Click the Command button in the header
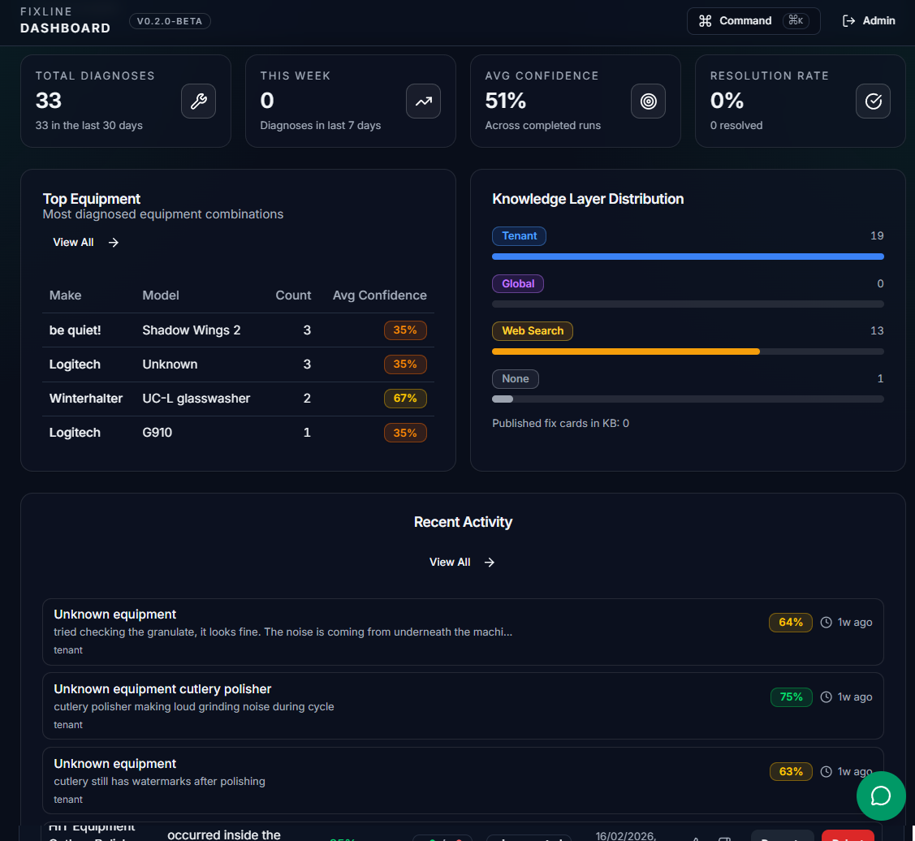[753, 21]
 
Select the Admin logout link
[869, 21]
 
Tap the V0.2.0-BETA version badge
[170, 22]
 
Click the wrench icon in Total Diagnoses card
[198, 101]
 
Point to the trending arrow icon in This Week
[423, 101]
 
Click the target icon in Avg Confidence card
[648, 101]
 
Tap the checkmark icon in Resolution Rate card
[873, 101]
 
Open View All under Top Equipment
[85, 242]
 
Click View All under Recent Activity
[462, 562]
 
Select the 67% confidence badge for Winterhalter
[405, 399]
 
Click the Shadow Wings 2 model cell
[191, 330]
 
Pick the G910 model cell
[157, 433]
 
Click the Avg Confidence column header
[379, 295]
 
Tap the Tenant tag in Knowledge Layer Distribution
[519, 236]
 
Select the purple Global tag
[518, 284]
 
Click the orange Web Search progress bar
[625, 351]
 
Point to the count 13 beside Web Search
[876, 331]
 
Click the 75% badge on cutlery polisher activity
[791, 697]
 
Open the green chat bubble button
[881, 796]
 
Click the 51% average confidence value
[506, 101]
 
